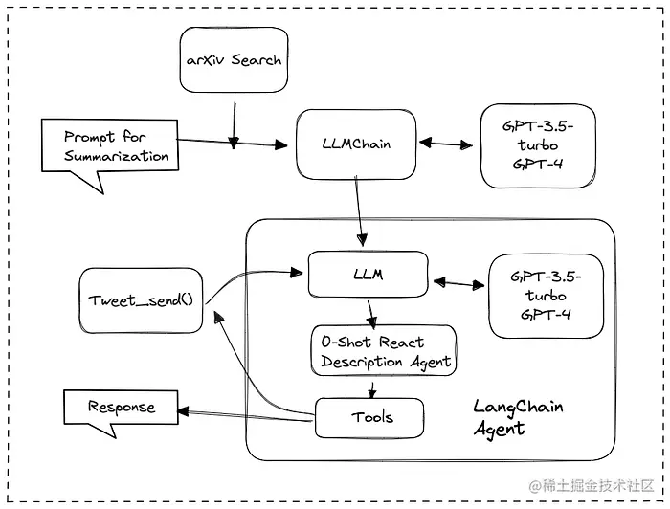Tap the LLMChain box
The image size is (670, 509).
356,144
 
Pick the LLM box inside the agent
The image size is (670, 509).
368,274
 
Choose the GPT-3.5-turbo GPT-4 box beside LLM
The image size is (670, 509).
547,296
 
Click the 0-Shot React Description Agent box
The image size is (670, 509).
386,352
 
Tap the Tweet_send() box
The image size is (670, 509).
141,299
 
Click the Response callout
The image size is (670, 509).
121,407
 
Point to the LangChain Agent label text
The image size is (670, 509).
518,417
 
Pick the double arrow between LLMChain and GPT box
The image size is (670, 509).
450,144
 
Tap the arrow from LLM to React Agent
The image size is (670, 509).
369,311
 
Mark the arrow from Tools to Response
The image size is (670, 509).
247,413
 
